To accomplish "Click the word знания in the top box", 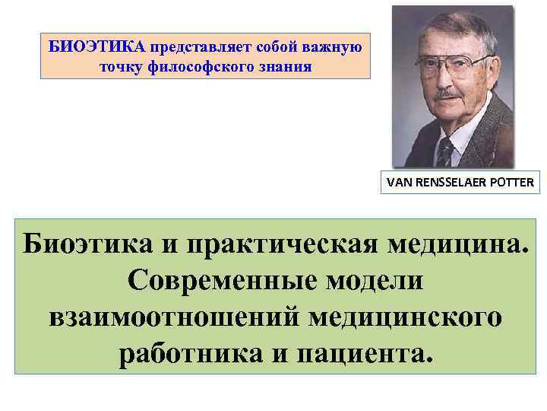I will [286, 67].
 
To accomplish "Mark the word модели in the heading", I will [380, 281].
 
